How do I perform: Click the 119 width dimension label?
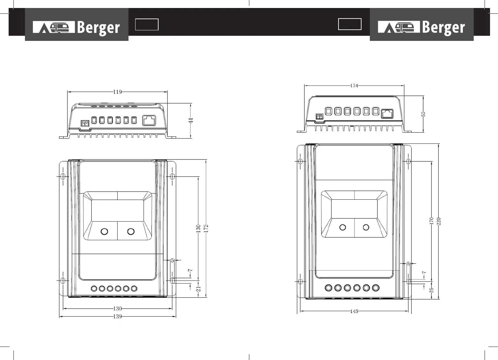[x=117, y=92]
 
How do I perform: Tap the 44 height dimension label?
[x=191, y=120]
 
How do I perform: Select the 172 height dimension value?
[x=206, y=228]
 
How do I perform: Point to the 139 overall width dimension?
[x=117, y=317]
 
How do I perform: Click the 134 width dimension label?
[x=354, y=85]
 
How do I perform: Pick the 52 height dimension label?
[x=423, y=114]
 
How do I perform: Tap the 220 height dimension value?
[x=439, y=221]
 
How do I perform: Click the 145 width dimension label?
[x=354, y=311]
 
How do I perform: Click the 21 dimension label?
[x=198, y=289]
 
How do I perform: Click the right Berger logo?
[x=421, y=27]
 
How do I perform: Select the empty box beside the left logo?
[x=147, y=25]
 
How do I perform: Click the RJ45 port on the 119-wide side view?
[x=149, y=120]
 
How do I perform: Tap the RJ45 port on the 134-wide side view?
[x=387, y=113]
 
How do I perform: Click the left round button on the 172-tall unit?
[x=104, y=231]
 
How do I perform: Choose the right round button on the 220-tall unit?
[x=366, y=227]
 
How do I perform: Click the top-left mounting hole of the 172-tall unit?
[x=63, y=176]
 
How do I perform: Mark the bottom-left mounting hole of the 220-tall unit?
[x=300, y=281]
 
